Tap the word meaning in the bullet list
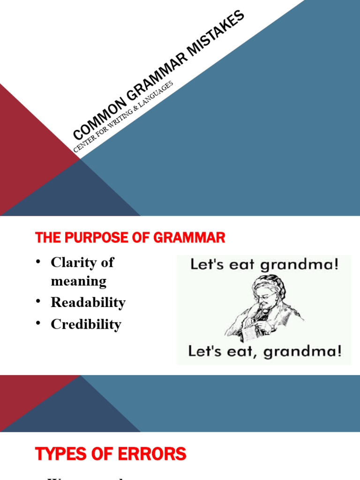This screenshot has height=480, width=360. (79, 282)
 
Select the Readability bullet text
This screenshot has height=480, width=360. (88, 303)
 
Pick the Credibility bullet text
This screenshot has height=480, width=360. (86, 324)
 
